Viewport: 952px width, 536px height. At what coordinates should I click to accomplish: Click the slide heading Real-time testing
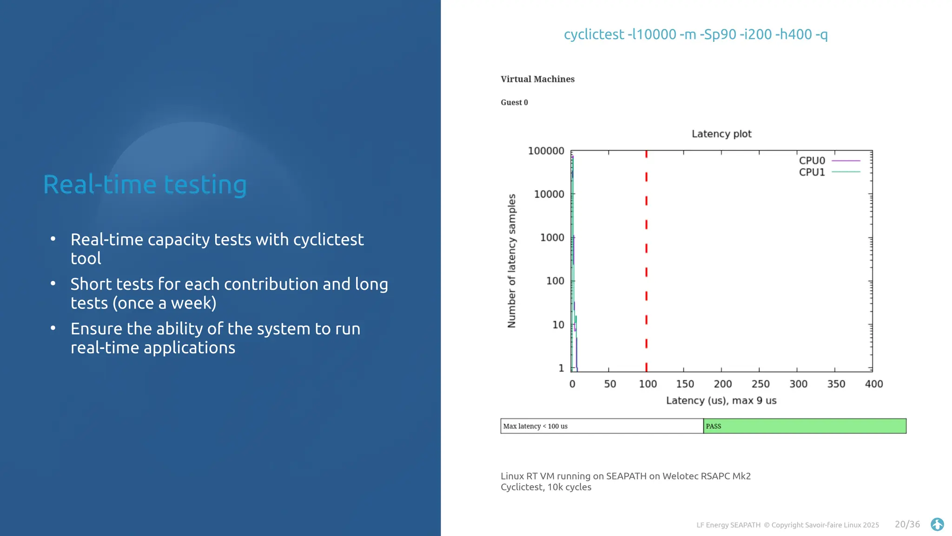pos(145,185)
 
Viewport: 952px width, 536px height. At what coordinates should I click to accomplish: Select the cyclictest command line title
pos(695,34)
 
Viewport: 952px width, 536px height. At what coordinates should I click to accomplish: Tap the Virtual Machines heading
pos(537,79)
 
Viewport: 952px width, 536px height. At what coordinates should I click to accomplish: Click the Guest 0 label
pos(514,102)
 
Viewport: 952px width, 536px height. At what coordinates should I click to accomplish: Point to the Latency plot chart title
pos(721,134)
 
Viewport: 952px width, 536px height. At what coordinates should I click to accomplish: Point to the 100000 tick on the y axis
pos(546,151)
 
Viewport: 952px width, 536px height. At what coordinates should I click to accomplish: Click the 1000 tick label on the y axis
pos(552,238)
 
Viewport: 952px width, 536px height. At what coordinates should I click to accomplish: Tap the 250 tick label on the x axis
pos(760,384)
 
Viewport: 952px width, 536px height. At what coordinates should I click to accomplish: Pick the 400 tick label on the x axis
pos(873,384)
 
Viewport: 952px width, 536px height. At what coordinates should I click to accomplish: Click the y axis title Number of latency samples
pos(512,261)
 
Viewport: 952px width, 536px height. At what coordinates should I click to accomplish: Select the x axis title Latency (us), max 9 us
pos(721,401)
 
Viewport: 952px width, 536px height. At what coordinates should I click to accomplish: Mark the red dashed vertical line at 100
pos(646,261)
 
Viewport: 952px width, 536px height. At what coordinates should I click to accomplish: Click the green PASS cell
pos(804,426)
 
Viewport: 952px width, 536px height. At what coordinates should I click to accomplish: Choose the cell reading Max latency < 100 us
pos(602,426)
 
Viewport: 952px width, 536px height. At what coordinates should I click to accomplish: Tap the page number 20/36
pos(907,524)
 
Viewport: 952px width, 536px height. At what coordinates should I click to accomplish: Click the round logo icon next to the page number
pos(937,524)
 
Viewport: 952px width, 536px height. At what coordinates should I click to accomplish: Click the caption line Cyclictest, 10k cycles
pos(546,487)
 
